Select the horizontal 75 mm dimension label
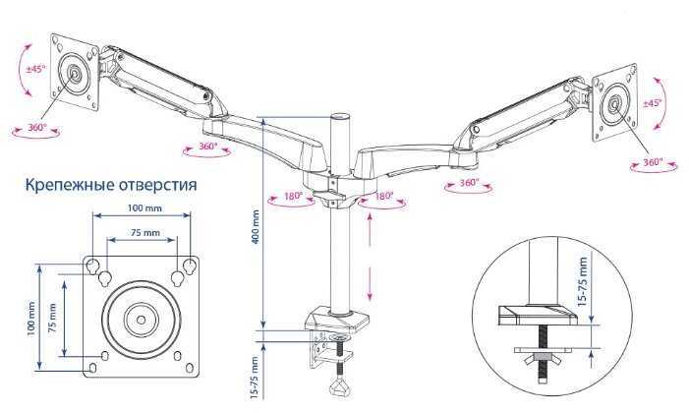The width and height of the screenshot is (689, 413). [x=144, y=234]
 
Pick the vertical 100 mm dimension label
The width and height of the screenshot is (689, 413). [x=31, y=317]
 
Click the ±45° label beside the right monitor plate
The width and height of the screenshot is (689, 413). [x=651, y=103]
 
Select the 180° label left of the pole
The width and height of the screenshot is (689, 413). [x=293, y=197]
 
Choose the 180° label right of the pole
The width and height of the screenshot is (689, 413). [x=382, y=197]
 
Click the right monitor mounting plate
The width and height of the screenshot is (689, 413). [x=615, y=101]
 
